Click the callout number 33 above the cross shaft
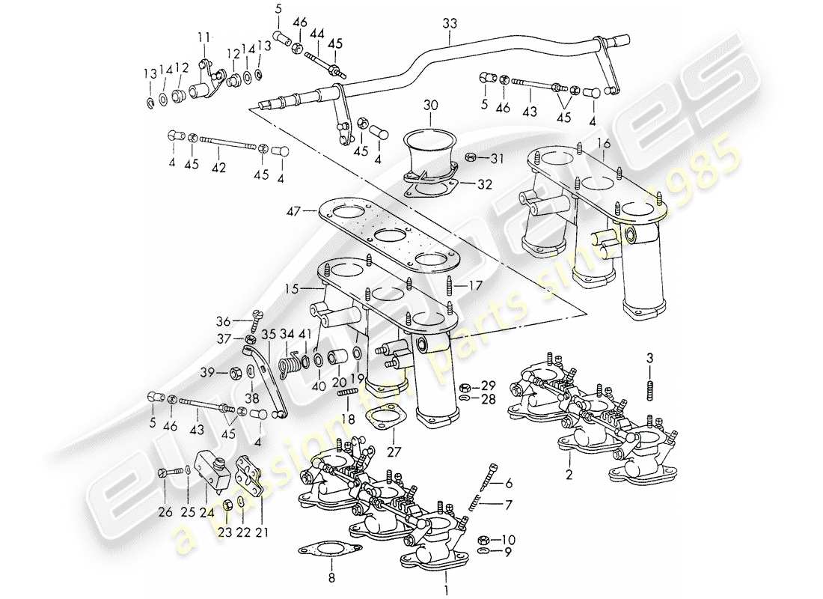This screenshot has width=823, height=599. click(448, 25)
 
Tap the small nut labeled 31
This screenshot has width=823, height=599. click(473, 157)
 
